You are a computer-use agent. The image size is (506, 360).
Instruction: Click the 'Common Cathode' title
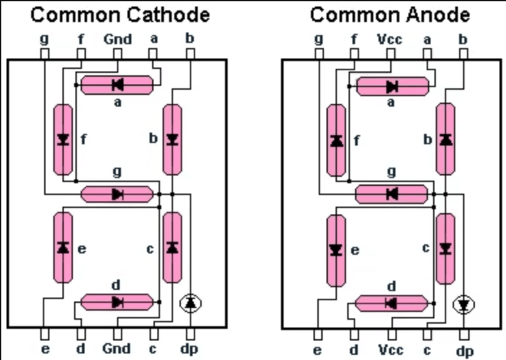[120, 14]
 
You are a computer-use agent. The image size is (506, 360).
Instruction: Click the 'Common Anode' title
[390, 14]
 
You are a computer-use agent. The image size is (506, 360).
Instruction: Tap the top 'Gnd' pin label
[117, 39]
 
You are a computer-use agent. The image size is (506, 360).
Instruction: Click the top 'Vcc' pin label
[390, 39]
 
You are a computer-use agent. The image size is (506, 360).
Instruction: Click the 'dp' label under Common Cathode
[189, 348]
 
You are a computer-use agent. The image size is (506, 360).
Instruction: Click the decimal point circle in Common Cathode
[190, 302]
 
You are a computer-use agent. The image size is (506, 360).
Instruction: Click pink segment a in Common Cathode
[118, 84]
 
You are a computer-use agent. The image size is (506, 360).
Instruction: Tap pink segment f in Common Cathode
[62, 139]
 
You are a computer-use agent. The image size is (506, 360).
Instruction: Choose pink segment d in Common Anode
[391, 303]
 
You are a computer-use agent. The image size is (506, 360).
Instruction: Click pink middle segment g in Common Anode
[391, 193]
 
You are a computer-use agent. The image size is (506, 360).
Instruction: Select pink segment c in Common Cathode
[172, 247]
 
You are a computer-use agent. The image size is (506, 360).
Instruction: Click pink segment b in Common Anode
[446, 139]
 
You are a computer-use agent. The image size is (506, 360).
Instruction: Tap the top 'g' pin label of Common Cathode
[44, 39]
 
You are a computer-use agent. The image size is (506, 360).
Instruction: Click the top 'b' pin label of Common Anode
[463, 39]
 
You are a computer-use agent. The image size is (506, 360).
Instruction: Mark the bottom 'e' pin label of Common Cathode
[44, 348]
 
